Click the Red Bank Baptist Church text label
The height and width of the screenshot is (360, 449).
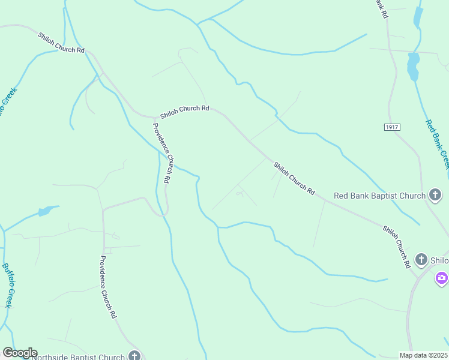click(x=380, y=196)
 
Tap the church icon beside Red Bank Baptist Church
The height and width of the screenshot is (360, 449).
click(x=436, y=195)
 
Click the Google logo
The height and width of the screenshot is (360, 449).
click(x=20, y=353)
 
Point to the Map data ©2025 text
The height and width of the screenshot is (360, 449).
click(x=423, y=355)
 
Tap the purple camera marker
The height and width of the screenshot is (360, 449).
click(x=442, y=277)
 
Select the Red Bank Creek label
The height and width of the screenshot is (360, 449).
click(x=438, y=144)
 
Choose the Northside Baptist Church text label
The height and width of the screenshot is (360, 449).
click(x=78, y=357)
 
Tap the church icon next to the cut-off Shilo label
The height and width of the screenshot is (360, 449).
click(x=421, y=260)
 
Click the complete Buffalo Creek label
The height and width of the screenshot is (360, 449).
click(x=8, y=285)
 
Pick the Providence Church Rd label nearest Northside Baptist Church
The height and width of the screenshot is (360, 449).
click(x=107, y=287)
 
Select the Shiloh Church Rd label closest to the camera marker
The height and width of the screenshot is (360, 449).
click(x=396, y=246)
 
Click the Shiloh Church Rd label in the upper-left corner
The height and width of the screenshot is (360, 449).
click(x=61, y=43)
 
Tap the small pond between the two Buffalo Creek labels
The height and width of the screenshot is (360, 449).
click(x=47, y=211)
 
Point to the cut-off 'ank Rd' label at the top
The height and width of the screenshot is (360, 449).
click(x=381, y=8)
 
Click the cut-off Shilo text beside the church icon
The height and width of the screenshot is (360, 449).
click(x=439, y=260)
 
